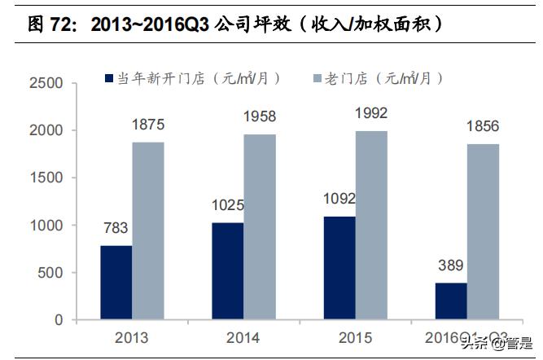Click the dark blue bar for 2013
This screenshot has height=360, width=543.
(116, 283)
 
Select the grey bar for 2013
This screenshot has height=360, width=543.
(148, 230)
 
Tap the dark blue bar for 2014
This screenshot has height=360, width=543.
(228, 271)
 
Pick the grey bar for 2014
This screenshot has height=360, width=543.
(260, 226)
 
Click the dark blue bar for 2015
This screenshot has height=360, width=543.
(339, 268)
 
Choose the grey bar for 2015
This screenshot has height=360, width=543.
(371, 225)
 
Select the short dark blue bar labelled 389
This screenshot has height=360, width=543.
(451, 301)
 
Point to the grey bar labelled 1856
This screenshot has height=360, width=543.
(483, 231)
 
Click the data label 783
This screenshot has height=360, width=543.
(116, 228)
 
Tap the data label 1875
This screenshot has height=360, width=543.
(148, 125)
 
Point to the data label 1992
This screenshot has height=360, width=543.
(371, 113)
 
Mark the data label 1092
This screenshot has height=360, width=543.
(339, 199)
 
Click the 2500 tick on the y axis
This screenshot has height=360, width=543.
(46, 83)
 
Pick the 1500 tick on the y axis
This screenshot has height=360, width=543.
(46, 178)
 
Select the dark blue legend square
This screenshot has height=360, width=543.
(109, 79)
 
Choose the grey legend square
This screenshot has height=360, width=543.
(317, 79)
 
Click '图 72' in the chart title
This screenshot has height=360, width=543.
(45, 24)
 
